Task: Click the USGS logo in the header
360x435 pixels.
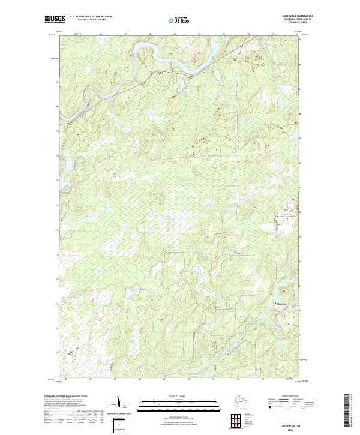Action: (x=55, y=19)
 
